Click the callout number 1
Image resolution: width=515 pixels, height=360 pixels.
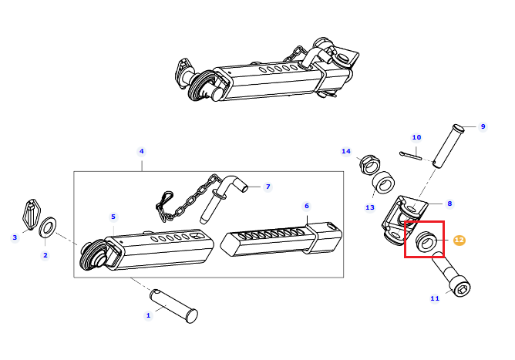148,315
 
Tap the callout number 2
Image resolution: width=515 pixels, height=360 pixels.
45,255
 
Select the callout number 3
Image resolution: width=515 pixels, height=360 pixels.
15,237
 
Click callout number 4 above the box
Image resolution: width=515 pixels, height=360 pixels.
142,151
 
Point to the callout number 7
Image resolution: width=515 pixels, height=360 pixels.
268,187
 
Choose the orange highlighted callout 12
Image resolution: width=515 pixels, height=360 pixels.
459,240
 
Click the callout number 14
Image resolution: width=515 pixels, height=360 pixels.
346,151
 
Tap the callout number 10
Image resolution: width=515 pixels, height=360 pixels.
416,137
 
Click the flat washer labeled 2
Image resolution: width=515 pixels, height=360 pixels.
48,226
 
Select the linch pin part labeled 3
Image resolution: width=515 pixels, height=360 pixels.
31,214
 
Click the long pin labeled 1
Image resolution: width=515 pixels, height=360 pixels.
173,306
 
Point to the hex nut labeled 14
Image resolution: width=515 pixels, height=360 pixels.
370,163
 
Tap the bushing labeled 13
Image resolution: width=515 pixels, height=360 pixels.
383,182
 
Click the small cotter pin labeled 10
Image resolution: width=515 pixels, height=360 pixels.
411,156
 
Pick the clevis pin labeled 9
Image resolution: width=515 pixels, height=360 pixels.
449,146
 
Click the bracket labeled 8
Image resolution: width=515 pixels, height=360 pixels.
405,220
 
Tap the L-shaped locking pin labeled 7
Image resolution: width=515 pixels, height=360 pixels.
220,199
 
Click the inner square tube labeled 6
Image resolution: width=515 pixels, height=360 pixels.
281,239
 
